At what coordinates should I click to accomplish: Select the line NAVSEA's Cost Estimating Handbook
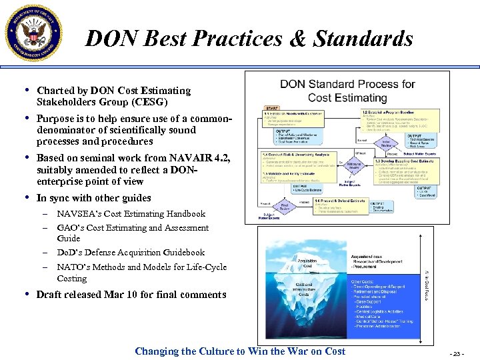131,214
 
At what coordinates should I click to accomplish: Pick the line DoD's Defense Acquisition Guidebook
131,253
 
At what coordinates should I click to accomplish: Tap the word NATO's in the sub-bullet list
74,267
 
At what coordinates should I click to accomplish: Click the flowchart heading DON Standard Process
347,91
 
